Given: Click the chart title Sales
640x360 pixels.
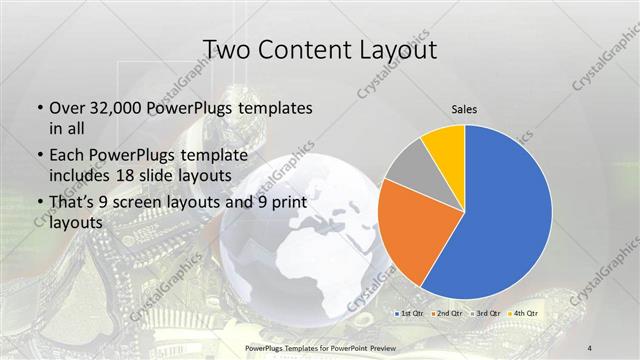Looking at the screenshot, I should pyautogui.click(x=464, y=109).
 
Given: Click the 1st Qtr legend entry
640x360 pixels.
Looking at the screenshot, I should pyautogui.click(x=410, y=313).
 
